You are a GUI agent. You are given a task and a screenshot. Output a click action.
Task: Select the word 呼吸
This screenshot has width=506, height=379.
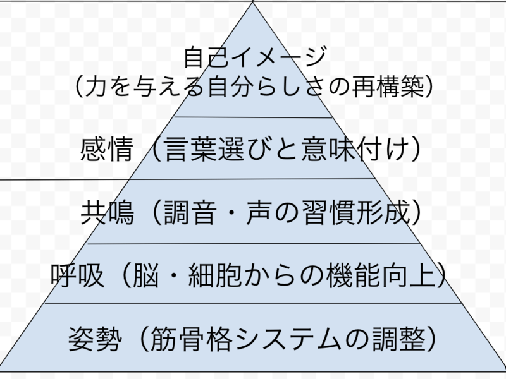[75, 275]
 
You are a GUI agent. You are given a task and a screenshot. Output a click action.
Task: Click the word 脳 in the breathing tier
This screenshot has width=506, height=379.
[147, 275]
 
